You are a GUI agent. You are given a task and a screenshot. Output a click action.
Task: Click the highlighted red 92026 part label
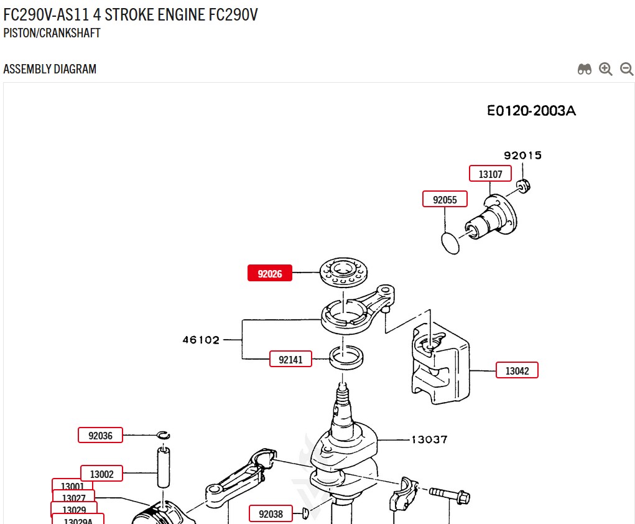coord(270,273)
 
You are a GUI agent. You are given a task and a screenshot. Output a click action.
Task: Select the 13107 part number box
coord(490,174)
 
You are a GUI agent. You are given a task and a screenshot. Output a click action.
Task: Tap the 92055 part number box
coord(445,200)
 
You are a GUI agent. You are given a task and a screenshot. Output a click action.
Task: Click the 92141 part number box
coord(290,359)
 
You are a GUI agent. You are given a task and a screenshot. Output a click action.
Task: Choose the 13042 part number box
coord(517,370)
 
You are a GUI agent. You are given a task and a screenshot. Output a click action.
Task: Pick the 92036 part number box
coord(100,435)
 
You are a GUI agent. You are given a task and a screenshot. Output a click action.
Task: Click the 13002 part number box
coord(102,474)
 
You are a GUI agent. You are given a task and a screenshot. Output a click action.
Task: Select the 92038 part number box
coord(271,513)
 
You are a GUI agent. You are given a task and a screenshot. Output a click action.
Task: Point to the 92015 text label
coord(522,156)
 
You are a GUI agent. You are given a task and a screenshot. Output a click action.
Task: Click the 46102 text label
coord(201,340)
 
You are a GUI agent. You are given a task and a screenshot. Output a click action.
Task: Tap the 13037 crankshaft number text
coord(429,439)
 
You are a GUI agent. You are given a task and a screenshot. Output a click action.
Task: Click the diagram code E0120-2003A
coord(531,111)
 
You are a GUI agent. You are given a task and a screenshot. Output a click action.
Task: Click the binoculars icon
coord(584,69)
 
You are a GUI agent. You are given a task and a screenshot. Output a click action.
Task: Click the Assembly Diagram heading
coord(50,69)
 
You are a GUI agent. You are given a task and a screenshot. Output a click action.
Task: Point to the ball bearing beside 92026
coord(344,272)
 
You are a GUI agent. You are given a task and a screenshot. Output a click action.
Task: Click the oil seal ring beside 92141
coord(346,357)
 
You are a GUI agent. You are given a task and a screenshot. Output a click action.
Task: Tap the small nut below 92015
coord(523,184)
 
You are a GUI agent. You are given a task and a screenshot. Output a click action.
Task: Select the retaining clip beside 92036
coord(164,435)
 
